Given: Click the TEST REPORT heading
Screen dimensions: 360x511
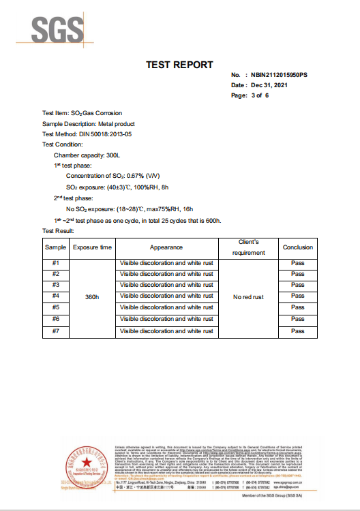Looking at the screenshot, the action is pos(179,65).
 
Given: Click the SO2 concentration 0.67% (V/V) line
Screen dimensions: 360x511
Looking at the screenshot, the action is pos(108,176).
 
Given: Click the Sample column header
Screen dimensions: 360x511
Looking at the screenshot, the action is pos(56,247).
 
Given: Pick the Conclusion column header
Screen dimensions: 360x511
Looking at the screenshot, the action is pos(298,247).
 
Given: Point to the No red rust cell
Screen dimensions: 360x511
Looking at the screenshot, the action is pos(248,297).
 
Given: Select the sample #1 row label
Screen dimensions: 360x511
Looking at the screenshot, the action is pos(56,262).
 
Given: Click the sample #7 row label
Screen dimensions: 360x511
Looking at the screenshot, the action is pos(56,330).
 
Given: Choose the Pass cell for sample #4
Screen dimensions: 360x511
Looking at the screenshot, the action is pos(298,296).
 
